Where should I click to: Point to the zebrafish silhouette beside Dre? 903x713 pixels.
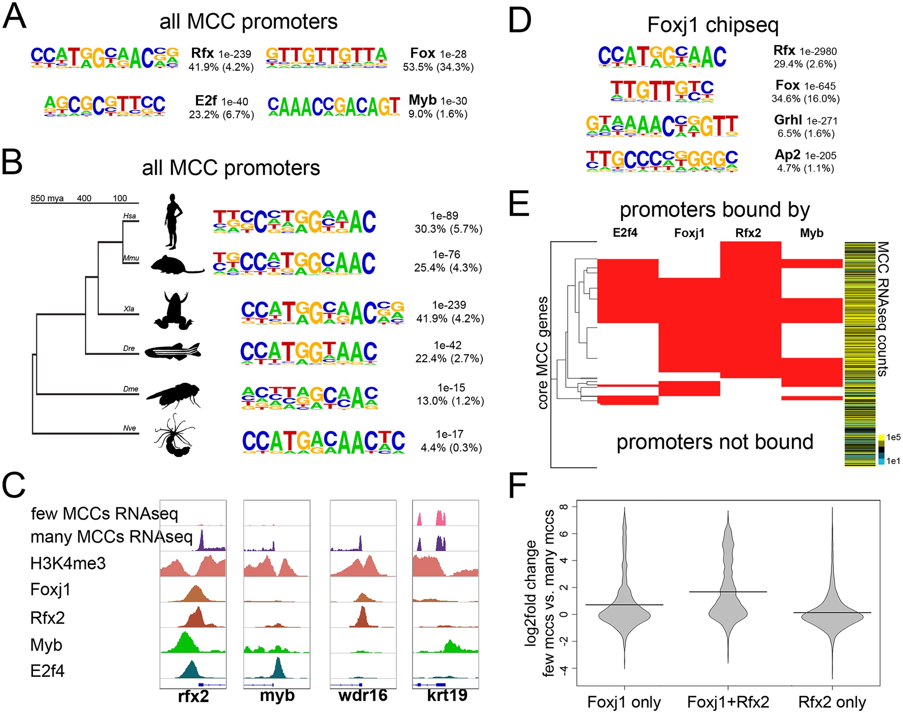click(x=173, y=351)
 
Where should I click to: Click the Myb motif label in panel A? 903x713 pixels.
click(x=422, y=100)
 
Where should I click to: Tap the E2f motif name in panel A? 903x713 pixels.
click(x=206, y=101)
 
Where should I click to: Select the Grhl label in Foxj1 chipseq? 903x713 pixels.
click(x=788, y=120)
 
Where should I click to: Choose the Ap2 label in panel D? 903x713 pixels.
click(x=787, y=155)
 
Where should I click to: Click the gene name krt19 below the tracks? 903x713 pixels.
click(x=447, y=695)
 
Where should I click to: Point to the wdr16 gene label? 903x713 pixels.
click(x=363, y=695)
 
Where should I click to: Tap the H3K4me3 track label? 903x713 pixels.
click(x=68, y=564)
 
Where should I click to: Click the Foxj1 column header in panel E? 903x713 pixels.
click(x=689, y=233)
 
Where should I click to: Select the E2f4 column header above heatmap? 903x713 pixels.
click(x=625, y=233)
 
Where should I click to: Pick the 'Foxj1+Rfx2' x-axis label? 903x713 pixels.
click(x=728, y=702)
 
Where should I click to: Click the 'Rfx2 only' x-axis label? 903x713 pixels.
click(x=832, y=702)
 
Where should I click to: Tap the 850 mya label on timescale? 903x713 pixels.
click(x=47, y=198)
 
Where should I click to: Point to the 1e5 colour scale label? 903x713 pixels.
click(x=894, y=437)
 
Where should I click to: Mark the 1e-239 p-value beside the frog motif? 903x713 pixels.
click(x=449, y=305)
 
